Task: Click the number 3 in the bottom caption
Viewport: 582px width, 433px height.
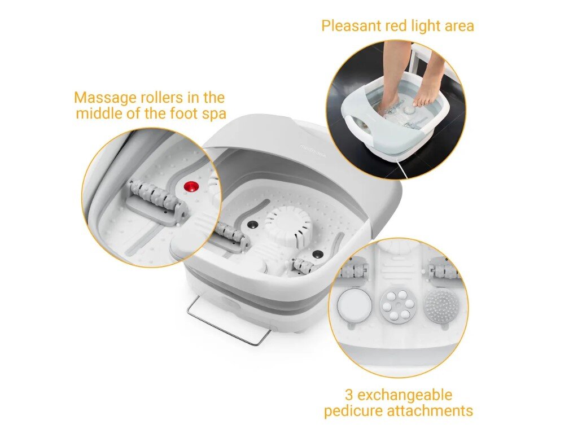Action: (349, 395)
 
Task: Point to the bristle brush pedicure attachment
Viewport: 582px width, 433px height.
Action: (440, 305)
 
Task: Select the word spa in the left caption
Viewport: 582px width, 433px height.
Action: (213, 113)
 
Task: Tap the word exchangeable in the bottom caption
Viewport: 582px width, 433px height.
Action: (405, 395)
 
